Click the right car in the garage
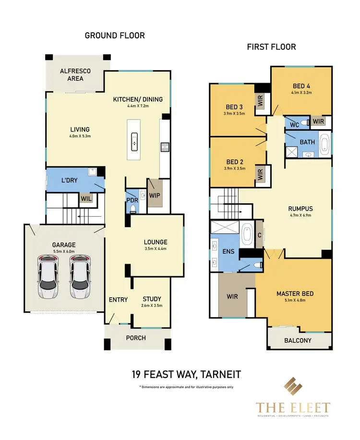click(80, 276)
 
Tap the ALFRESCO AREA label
click(75, 75)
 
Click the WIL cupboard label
click(86, 197)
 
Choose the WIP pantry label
click(155, 196)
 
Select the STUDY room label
click(152, 299)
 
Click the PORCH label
click(136, 338)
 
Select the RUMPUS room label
click(300, 208)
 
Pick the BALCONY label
click(298, 341)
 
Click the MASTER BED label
click(295, 293)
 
